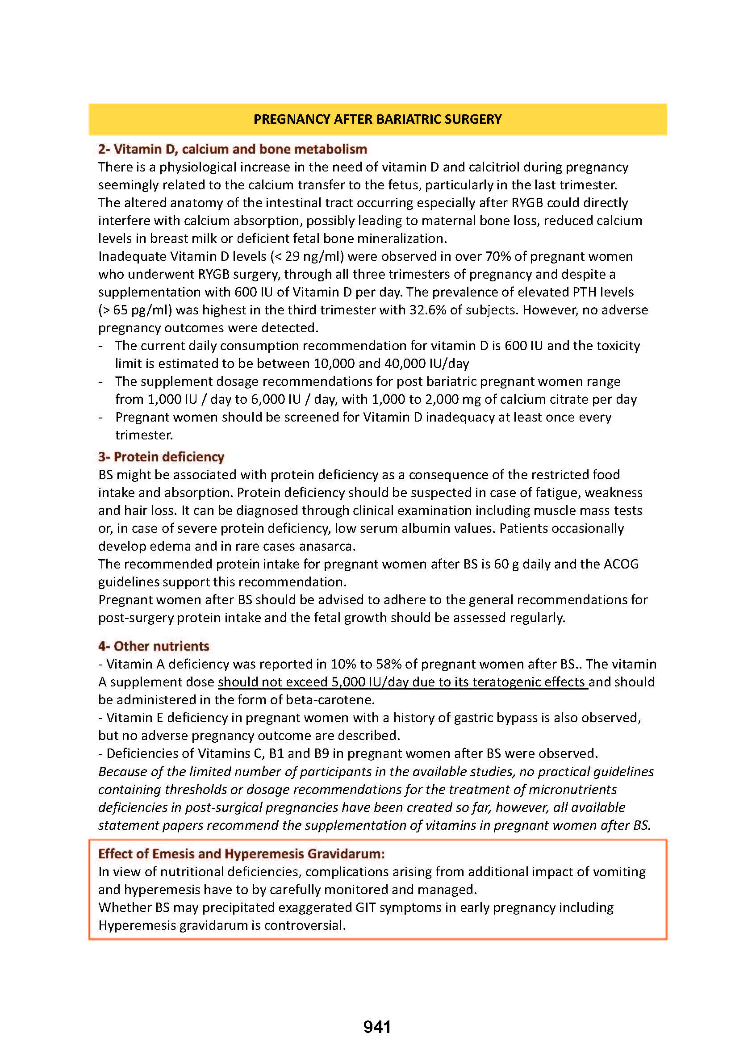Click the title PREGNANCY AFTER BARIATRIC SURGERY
pyautogui.click(x=377, y=119)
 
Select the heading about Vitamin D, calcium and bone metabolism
pyautogui.click(x=232, y=149)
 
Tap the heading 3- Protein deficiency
pyautogui.click(x=161, y=457)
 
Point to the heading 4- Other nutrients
pyautogui.click(x=154, y=646)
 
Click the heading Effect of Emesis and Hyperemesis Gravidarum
pyautogui.click(x=241, y=853)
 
